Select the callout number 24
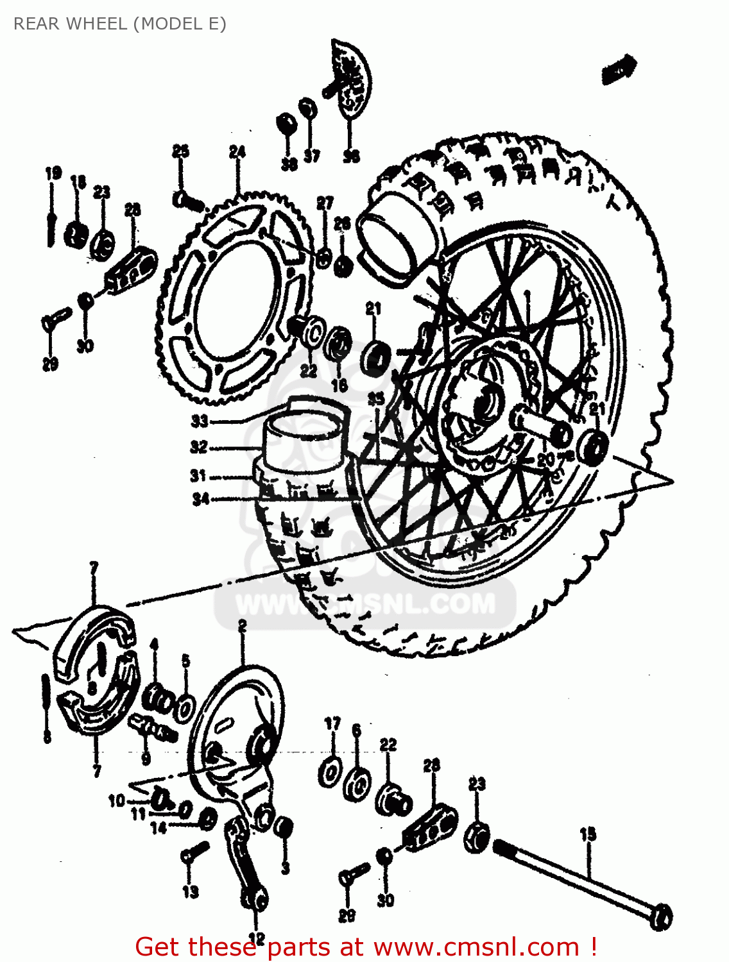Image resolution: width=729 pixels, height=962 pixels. (237, 152)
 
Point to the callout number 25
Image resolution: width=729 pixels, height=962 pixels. (181, 151)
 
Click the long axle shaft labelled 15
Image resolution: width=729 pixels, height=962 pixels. (578, 879)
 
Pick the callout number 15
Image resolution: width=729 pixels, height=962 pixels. (588, 834)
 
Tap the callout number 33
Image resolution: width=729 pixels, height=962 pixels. (200, 421)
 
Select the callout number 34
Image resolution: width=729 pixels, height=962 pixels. (201, 498)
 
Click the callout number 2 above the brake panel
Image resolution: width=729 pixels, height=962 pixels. (242, 626)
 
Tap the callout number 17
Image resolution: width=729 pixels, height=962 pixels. (332, 724)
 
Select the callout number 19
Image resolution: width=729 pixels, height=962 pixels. (53, 173)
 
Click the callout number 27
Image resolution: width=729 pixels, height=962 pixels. (325, 203)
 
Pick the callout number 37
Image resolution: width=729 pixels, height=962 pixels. (312, 156)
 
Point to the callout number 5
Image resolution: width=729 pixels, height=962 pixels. (185, 661)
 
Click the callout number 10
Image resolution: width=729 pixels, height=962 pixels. (116, 800)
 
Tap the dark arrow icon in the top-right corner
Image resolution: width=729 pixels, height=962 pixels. (619, 69)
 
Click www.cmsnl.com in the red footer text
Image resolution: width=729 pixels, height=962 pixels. (476, 947)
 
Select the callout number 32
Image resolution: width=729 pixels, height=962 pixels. (199, 447)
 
